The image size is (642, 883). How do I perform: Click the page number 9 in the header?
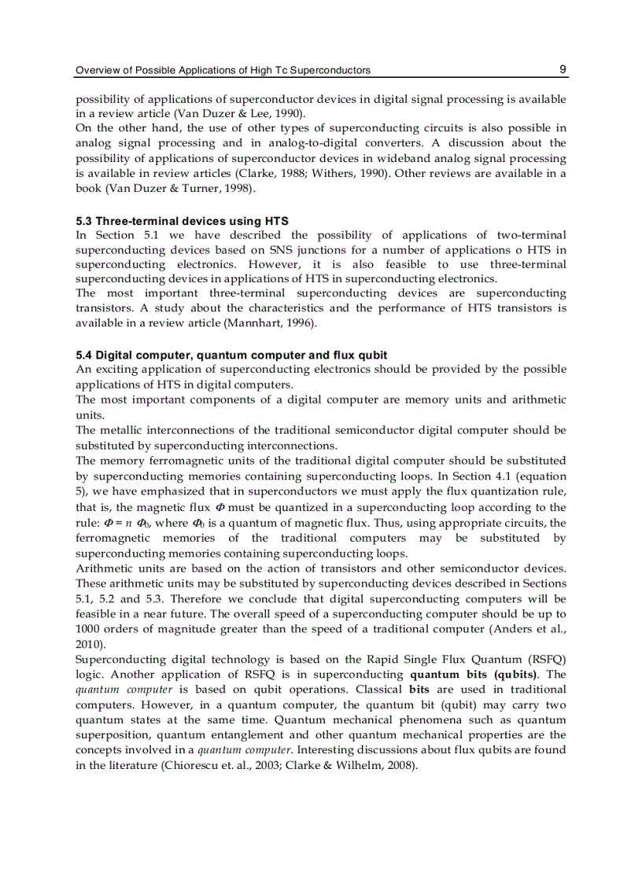point(563,69)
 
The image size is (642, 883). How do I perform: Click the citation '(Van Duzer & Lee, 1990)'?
point(245,113)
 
